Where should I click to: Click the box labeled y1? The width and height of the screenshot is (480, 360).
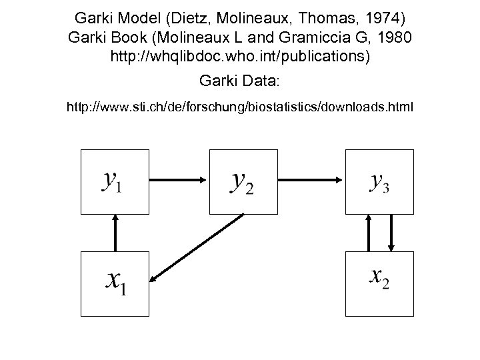113,180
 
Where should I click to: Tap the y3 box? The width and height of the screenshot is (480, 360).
379,180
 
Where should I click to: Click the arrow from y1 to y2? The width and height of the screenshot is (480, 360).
178,179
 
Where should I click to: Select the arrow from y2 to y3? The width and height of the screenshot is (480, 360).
311,179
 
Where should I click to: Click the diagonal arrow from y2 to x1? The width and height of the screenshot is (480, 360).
197,247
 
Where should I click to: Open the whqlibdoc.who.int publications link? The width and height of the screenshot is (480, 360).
240,58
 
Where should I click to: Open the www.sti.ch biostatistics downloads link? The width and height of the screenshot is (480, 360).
240,107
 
